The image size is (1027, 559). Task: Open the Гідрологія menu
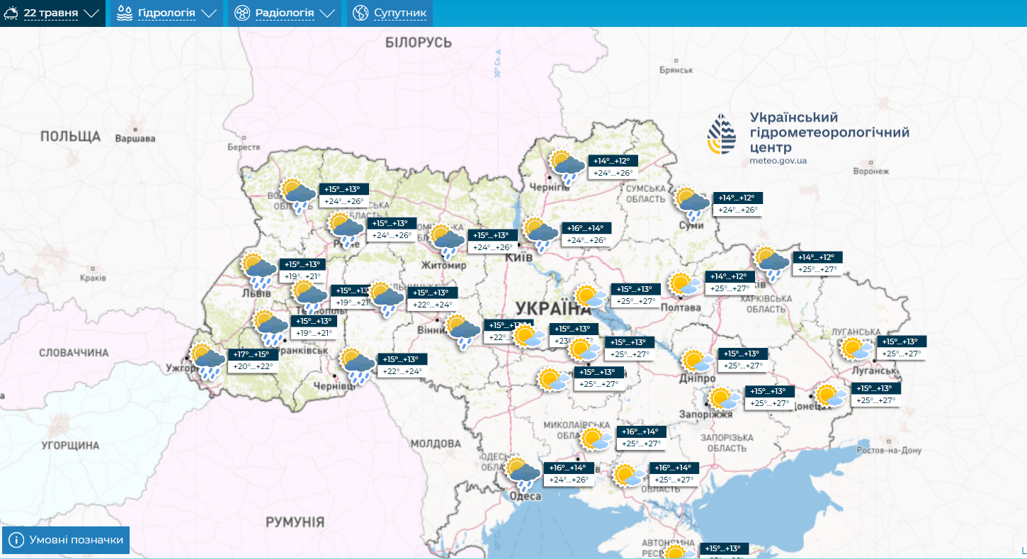coord(166,13)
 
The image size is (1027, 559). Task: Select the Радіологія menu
coord(284,13)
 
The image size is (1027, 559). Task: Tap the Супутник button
coord(390,13)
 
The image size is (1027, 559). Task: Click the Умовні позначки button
coord(67,540)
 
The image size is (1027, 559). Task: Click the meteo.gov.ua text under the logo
coord(778,161)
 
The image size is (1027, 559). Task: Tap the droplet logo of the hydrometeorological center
coord(721,134)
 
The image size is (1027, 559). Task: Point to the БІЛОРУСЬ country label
coord(418,43)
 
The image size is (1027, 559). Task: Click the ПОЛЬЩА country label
coord(70,136)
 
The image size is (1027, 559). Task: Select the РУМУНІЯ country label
coord(295,522)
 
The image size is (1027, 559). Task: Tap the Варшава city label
coord(135,139)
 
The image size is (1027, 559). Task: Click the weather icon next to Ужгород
coord(206,359)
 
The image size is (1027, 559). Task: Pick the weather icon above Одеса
coord(523,473)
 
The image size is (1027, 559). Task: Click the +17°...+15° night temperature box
coord(251,354)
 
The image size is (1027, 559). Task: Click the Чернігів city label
coord(548,186)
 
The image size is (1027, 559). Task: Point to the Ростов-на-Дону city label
coord(888,451)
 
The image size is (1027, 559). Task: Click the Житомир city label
coord(443,266)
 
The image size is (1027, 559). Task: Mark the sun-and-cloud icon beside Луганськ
coord(856,349)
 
